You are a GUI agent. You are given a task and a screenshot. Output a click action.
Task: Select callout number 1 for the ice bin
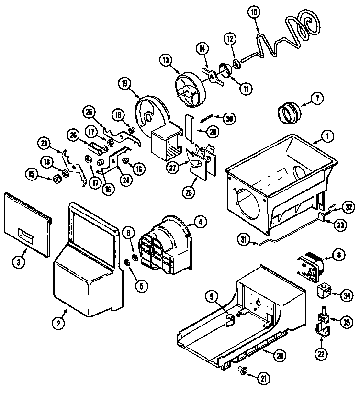point(329,137)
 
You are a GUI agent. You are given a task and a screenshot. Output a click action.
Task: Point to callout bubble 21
point(263,378)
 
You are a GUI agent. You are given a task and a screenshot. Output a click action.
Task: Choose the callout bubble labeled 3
point(18,262)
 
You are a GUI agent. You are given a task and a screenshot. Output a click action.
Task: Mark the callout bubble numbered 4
point(201,222)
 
